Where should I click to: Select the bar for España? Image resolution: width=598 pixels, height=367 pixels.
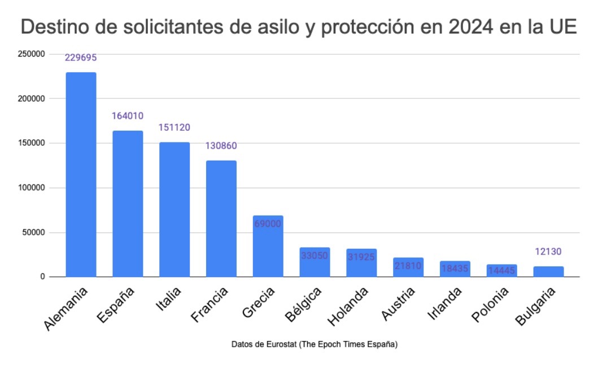coord(128,204)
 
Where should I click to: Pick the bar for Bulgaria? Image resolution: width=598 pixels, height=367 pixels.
coord(548,271)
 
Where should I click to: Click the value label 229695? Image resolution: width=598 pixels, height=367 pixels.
coord(81,58)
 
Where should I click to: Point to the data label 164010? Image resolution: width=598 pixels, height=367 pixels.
coord(128,116)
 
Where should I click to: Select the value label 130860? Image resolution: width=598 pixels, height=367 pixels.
coord(221,146)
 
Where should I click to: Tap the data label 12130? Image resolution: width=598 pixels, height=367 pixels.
coord(548,252)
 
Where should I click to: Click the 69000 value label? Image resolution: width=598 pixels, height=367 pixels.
coord(268,223)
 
